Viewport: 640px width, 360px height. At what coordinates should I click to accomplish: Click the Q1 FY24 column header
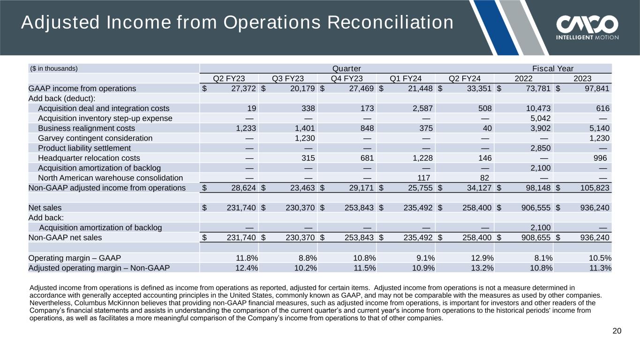pos(406,78)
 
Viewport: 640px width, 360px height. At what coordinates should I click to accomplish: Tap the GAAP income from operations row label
pos(82,88)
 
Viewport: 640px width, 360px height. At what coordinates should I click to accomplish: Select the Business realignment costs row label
pos(86,128)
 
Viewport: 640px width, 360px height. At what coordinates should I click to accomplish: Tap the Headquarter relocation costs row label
pos(89,158)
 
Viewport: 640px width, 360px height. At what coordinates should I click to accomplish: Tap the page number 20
pos(617,331)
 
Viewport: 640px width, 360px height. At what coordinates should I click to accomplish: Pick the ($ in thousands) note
pos(53,68)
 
